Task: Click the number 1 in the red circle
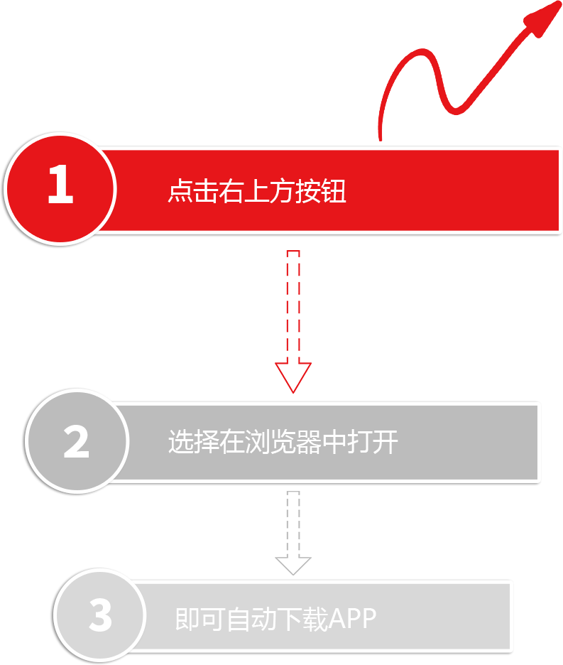click(60, 185)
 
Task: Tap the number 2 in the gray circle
click(76, 441)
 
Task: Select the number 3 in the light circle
click(100, 616)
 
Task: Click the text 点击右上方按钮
click(257, 191)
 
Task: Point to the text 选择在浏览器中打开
click(283, 442)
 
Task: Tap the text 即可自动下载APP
click(275, 619)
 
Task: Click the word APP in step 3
click(352, 619)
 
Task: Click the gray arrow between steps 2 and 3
click(292, 532)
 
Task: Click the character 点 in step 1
click(180, 191)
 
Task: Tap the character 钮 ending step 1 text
click(334, 191)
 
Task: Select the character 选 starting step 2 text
click(180, 442)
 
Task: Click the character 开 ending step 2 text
click(386, 442)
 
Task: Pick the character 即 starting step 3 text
click(187, 619)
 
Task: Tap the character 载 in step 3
click(315, 619)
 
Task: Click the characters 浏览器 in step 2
click(283, 442)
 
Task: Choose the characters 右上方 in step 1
click(257, 191)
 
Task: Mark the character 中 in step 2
click(334, 442)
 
